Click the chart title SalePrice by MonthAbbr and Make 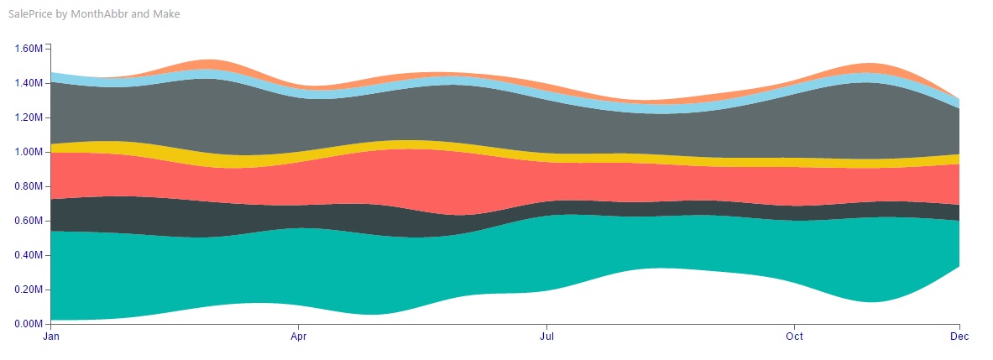click(x=94, y=14)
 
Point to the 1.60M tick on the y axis click(x=29, y=49)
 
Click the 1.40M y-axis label click(x=29, y=83)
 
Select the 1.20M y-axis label click(x=29, y=117)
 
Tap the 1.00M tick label click(x=29, y=152)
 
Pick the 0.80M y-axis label click(x=29, y=186)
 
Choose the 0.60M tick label click(x=29, y=221)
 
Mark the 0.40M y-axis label click(x=29, y=255)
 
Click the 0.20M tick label click(x=29, y=290)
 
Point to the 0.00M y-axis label click(x=29, y=324)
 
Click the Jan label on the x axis click(x=51, y=337)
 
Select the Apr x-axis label click(x=298, y=337)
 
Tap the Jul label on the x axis click(x=546, y=337)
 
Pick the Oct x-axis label click(x=794, y=337)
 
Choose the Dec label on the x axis click(x=959, y=337)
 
